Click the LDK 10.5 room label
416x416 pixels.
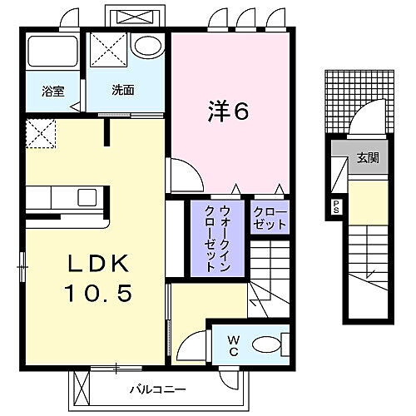coord(97,279)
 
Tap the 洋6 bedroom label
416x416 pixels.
coord(225,112)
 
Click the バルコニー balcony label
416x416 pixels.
coord(151,389)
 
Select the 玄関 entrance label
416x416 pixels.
coord(368,156)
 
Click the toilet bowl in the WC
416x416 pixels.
coord(269,342)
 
